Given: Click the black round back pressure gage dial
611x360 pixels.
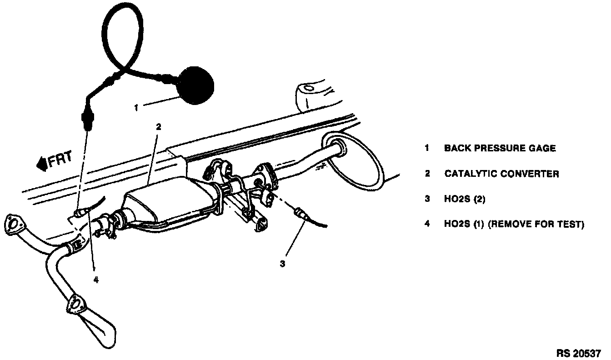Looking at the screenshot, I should pos(195,85).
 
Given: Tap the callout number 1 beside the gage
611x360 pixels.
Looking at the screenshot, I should pos(135,108).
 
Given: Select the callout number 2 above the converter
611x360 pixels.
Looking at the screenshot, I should pos(158,127).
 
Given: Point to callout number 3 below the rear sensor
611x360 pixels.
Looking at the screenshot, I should pos(282,264).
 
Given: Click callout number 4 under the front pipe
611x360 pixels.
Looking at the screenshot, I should pos(96,280).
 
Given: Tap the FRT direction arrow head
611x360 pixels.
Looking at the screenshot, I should pos(41,163).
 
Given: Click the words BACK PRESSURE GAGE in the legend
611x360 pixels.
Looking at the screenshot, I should pos(500,148).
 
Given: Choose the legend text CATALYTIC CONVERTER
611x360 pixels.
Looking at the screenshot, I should pos(501,174).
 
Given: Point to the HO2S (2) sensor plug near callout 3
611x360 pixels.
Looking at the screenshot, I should pos(300,212).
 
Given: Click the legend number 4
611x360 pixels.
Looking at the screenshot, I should pos(427,225).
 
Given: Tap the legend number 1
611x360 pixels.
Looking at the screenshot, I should pos(427,148).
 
